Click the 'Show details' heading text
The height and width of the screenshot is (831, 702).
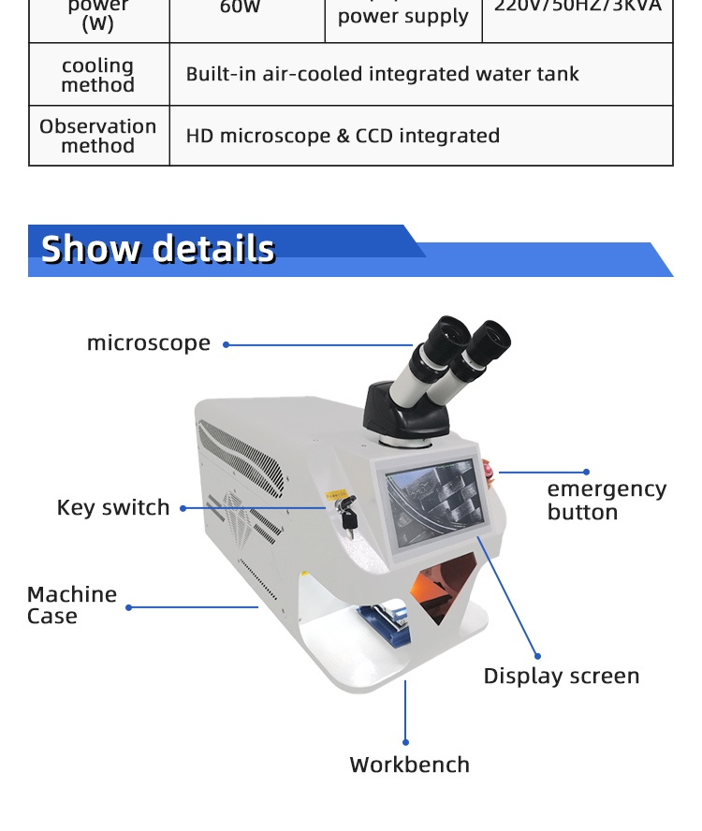coord(158,249)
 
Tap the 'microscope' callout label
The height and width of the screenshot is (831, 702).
coord(149,343)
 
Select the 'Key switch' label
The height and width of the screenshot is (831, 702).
coord(113,507)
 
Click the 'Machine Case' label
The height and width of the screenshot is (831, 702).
coord(72,605)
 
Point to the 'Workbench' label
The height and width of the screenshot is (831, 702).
coord(409,765)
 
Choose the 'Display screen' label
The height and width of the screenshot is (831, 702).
coord(562,676)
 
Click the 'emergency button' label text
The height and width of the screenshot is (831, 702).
coord(607,501)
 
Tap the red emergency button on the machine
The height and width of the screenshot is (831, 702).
coord(490,470)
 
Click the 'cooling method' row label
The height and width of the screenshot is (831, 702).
coord(98,75)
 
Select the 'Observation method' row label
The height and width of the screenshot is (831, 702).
coord(98,136)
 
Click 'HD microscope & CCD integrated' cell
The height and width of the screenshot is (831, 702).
coord(343,136)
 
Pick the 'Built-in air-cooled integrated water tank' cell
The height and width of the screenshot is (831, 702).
coord(382,74)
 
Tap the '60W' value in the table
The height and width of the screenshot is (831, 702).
coord(240,7)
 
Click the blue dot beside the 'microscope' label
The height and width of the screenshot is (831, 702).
coord(226,344)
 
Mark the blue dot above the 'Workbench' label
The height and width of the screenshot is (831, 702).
coord(405,742)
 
